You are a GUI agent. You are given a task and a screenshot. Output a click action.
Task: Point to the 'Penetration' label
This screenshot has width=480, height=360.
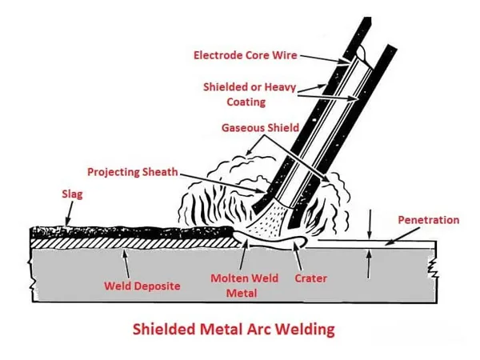(x=428, y=219)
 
